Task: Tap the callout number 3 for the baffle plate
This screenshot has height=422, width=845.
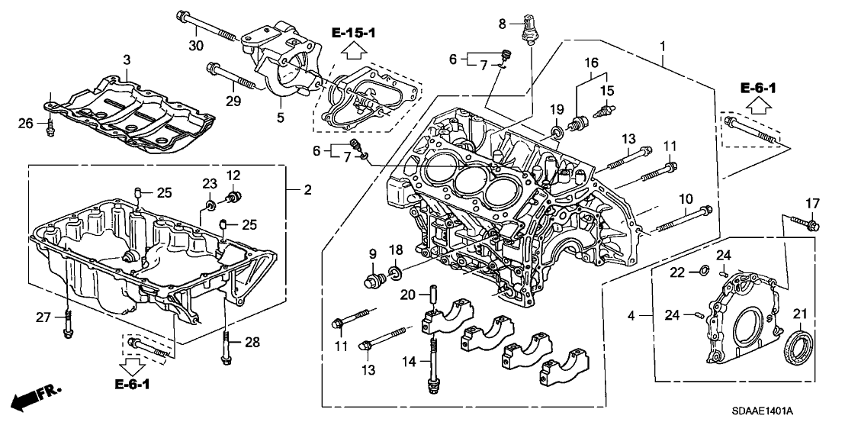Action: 127,60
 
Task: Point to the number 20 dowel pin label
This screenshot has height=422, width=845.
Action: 407,295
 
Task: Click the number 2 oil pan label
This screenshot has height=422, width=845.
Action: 307,189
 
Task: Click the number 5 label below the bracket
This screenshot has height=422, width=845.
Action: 279,118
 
